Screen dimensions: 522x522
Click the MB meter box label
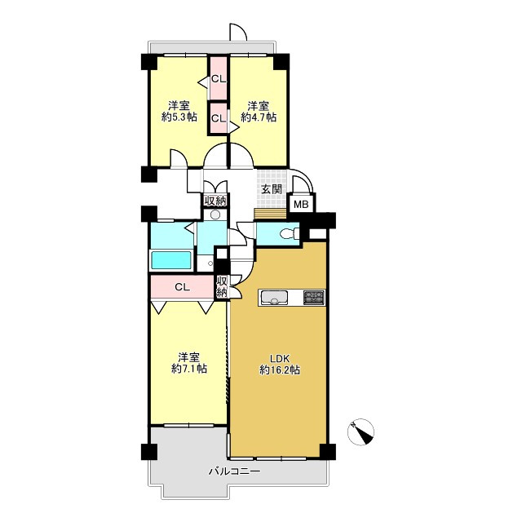point(301,205)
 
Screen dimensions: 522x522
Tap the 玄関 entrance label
point(272,189)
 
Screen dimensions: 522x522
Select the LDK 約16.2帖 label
point(280,365)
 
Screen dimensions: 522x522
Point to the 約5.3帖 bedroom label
point(179,112)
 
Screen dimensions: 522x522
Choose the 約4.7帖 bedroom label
point(259,112)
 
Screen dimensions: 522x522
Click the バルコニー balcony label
point(235,471)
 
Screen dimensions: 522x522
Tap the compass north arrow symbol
point(361,432)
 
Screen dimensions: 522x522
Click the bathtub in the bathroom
point(171,260)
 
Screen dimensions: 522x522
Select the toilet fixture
point(289,234)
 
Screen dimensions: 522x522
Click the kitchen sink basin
point(274,298)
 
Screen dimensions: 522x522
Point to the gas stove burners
point(313,297)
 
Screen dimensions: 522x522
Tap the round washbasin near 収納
point(215,215)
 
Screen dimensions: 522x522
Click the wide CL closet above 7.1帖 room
point(182,287)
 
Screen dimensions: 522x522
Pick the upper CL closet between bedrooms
point(219,78)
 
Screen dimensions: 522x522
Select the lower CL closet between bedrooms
point(219,118)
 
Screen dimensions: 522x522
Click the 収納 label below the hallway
point(215,201)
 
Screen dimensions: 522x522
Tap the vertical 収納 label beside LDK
point(222,287)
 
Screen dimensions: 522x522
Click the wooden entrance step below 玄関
point(270,214)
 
